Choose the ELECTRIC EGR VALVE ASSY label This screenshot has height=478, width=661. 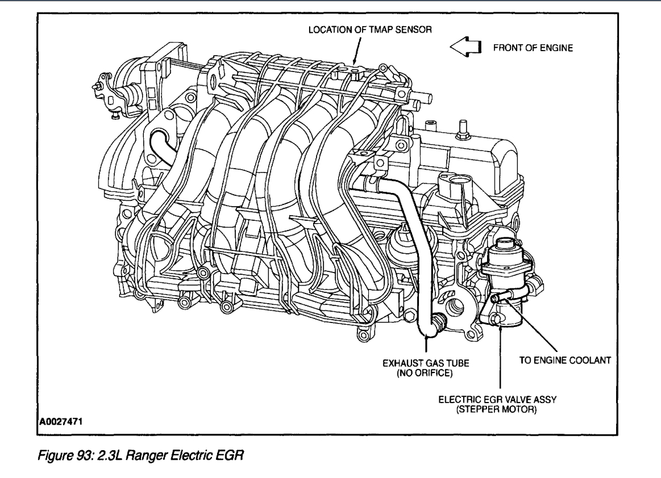pos(501,399)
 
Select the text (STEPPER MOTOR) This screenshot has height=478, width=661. pos(501,408)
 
